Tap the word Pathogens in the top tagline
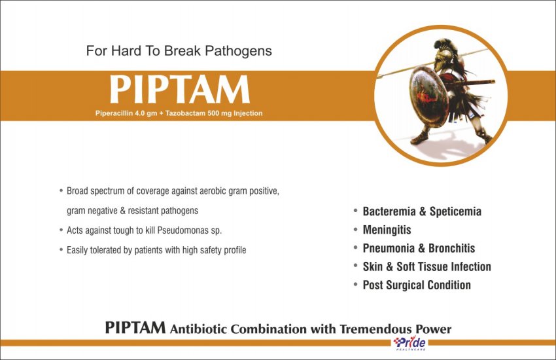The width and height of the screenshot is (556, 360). [238, 51]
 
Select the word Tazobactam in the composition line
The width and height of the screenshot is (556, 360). [183, 113]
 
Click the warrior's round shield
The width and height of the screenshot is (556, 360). [428, 96]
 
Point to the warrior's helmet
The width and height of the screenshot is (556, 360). [444, 53]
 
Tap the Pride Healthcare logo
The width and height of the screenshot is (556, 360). [409, 344]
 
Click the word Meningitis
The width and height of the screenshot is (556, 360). [387, 230]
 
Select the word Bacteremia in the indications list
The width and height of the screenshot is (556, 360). [389, 211]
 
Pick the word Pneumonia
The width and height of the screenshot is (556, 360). [389, 248]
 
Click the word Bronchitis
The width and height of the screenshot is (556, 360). [451, 248]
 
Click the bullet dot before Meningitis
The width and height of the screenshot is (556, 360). [355, 230]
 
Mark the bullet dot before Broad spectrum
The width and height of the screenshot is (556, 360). [61, 191]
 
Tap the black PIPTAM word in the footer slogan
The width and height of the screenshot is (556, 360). [135, 327]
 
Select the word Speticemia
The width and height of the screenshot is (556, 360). [455, 211]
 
